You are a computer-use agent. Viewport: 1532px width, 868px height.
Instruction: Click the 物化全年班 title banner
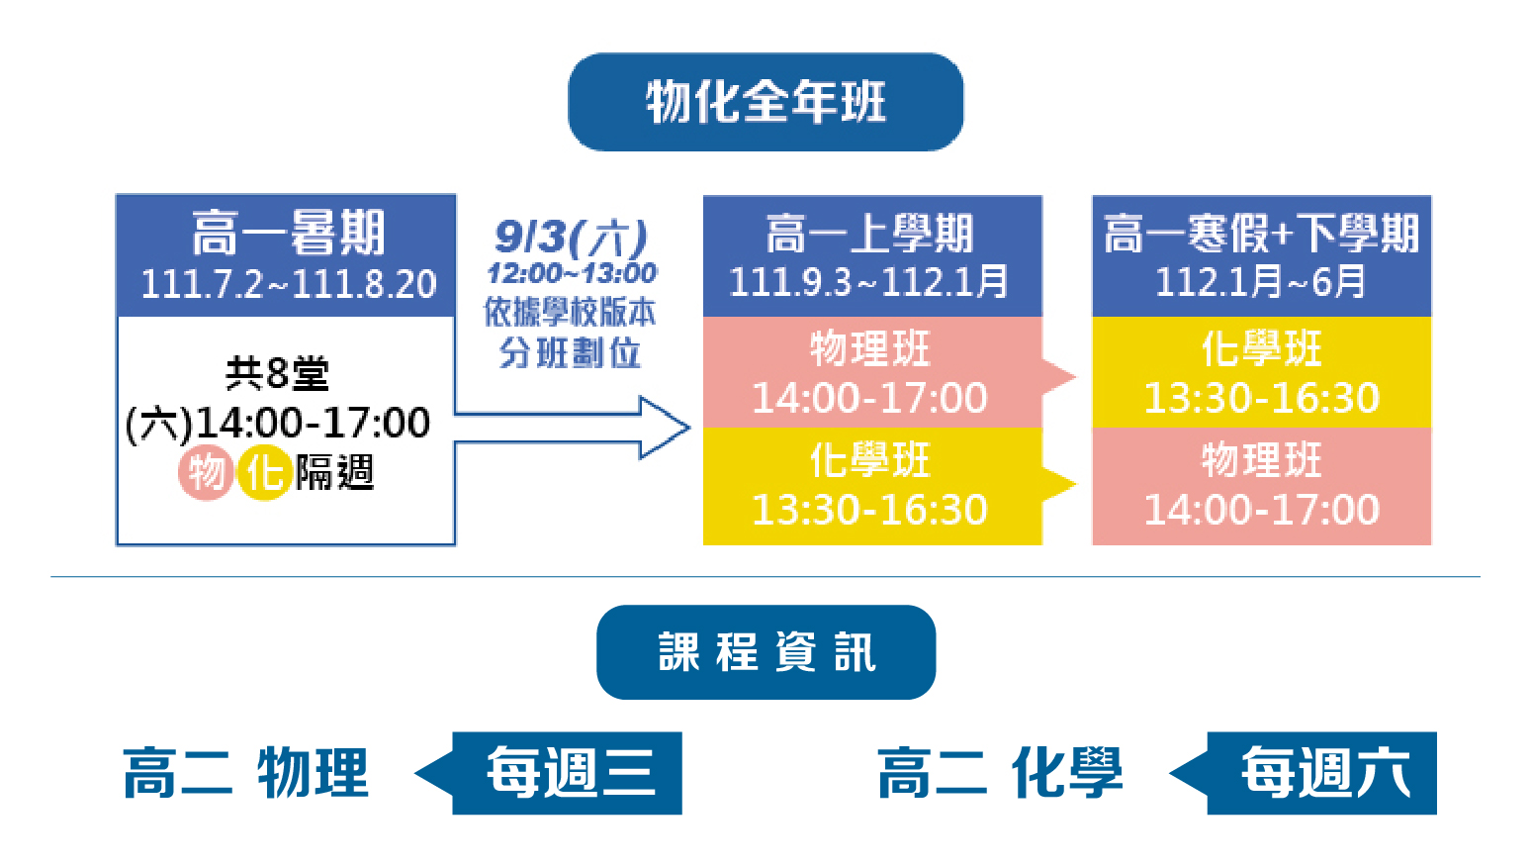[x=766, y=102]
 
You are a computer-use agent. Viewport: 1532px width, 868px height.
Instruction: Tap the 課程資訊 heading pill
[x=766, y=651]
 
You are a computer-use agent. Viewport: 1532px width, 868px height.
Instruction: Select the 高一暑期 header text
[x=288, y=233]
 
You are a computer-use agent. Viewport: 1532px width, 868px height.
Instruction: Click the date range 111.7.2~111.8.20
[x=288, y=283]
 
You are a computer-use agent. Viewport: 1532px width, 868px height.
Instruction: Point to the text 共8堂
[x=277, y=373]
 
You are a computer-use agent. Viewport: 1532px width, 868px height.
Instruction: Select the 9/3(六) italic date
[x=571, y=237]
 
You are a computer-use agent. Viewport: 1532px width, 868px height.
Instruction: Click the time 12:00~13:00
[x=572, y=273]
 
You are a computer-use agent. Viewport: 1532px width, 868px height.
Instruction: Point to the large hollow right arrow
[x=572, y=428]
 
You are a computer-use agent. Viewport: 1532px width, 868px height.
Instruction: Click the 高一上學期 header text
[x=869, y=234]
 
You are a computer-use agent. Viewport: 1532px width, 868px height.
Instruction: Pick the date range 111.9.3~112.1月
[x=869, y=281]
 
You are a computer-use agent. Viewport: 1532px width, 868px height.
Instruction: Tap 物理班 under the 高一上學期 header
[x=870, y=347]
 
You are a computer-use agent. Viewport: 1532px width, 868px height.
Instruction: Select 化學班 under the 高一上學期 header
[x=870, y=459]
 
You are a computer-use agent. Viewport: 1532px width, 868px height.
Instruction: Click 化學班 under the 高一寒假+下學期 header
[x=1262, y=347]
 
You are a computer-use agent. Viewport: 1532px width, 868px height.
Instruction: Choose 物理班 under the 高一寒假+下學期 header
[x=1262, y=459]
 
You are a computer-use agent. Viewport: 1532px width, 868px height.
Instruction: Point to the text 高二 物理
[x=246, y=773]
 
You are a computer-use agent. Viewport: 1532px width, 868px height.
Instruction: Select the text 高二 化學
[x=1000, y=773]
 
